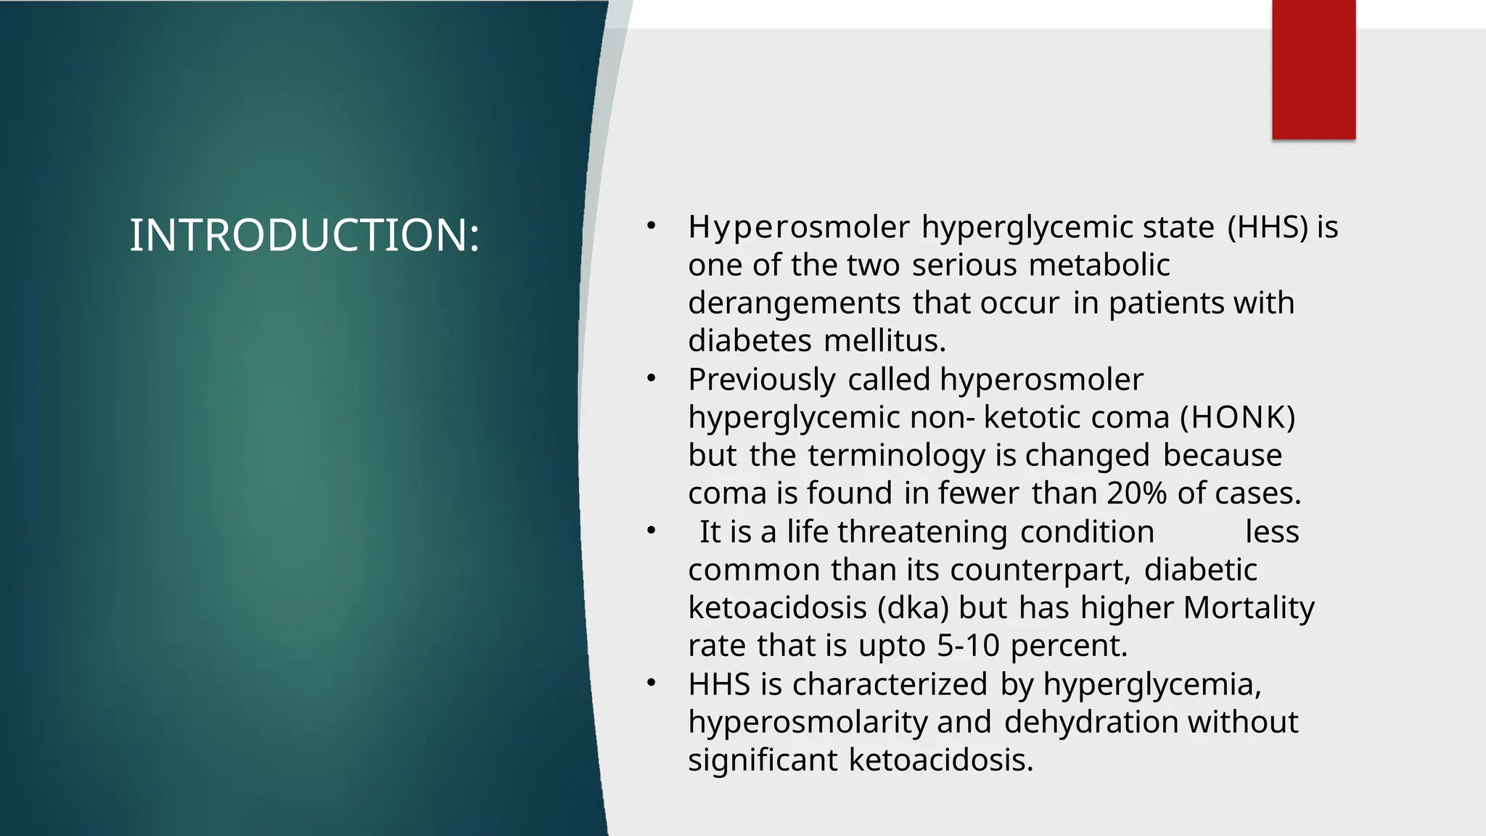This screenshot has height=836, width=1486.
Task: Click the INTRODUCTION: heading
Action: tap(304, 235)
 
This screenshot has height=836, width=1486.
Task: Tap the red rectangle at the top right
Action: tap(1313, 70)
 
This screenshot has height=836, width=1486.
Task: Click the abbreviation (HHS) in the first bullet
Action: tap(1268, 227)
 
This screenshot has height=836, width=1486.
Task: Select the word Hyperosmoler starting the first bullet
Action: tap(799, 227)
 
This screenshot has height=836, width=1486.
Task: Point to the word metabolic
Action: tap(1099, 265)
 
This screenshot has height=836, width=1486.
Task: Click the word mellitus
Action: tap(884, 340)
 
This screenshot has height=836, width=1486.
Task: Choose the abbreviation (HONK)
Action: tap(1238, 417)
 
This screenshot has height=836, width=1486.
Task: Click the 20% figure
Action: tap(1136, 493)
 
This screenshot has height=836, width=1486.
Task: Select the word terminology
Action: tap(897, 456)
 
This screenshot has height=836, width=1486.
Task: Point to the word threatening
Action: tap(922, 532)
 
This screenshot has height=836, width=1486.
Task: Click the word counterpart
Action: tap(1040, 570)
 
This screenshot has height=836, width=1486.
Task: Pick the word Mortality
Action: tap(1248, 607)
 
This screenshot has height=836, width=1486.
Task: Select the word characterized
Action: tap(890, 684)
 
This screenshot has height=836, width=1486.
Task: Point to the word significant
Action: tap(763, 760)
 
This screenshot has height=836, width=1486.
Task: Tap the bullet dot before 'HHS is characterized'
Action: tap(652, 683)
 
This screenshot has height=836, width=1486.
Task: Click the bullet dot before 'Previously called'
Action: tap(652, 378)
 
